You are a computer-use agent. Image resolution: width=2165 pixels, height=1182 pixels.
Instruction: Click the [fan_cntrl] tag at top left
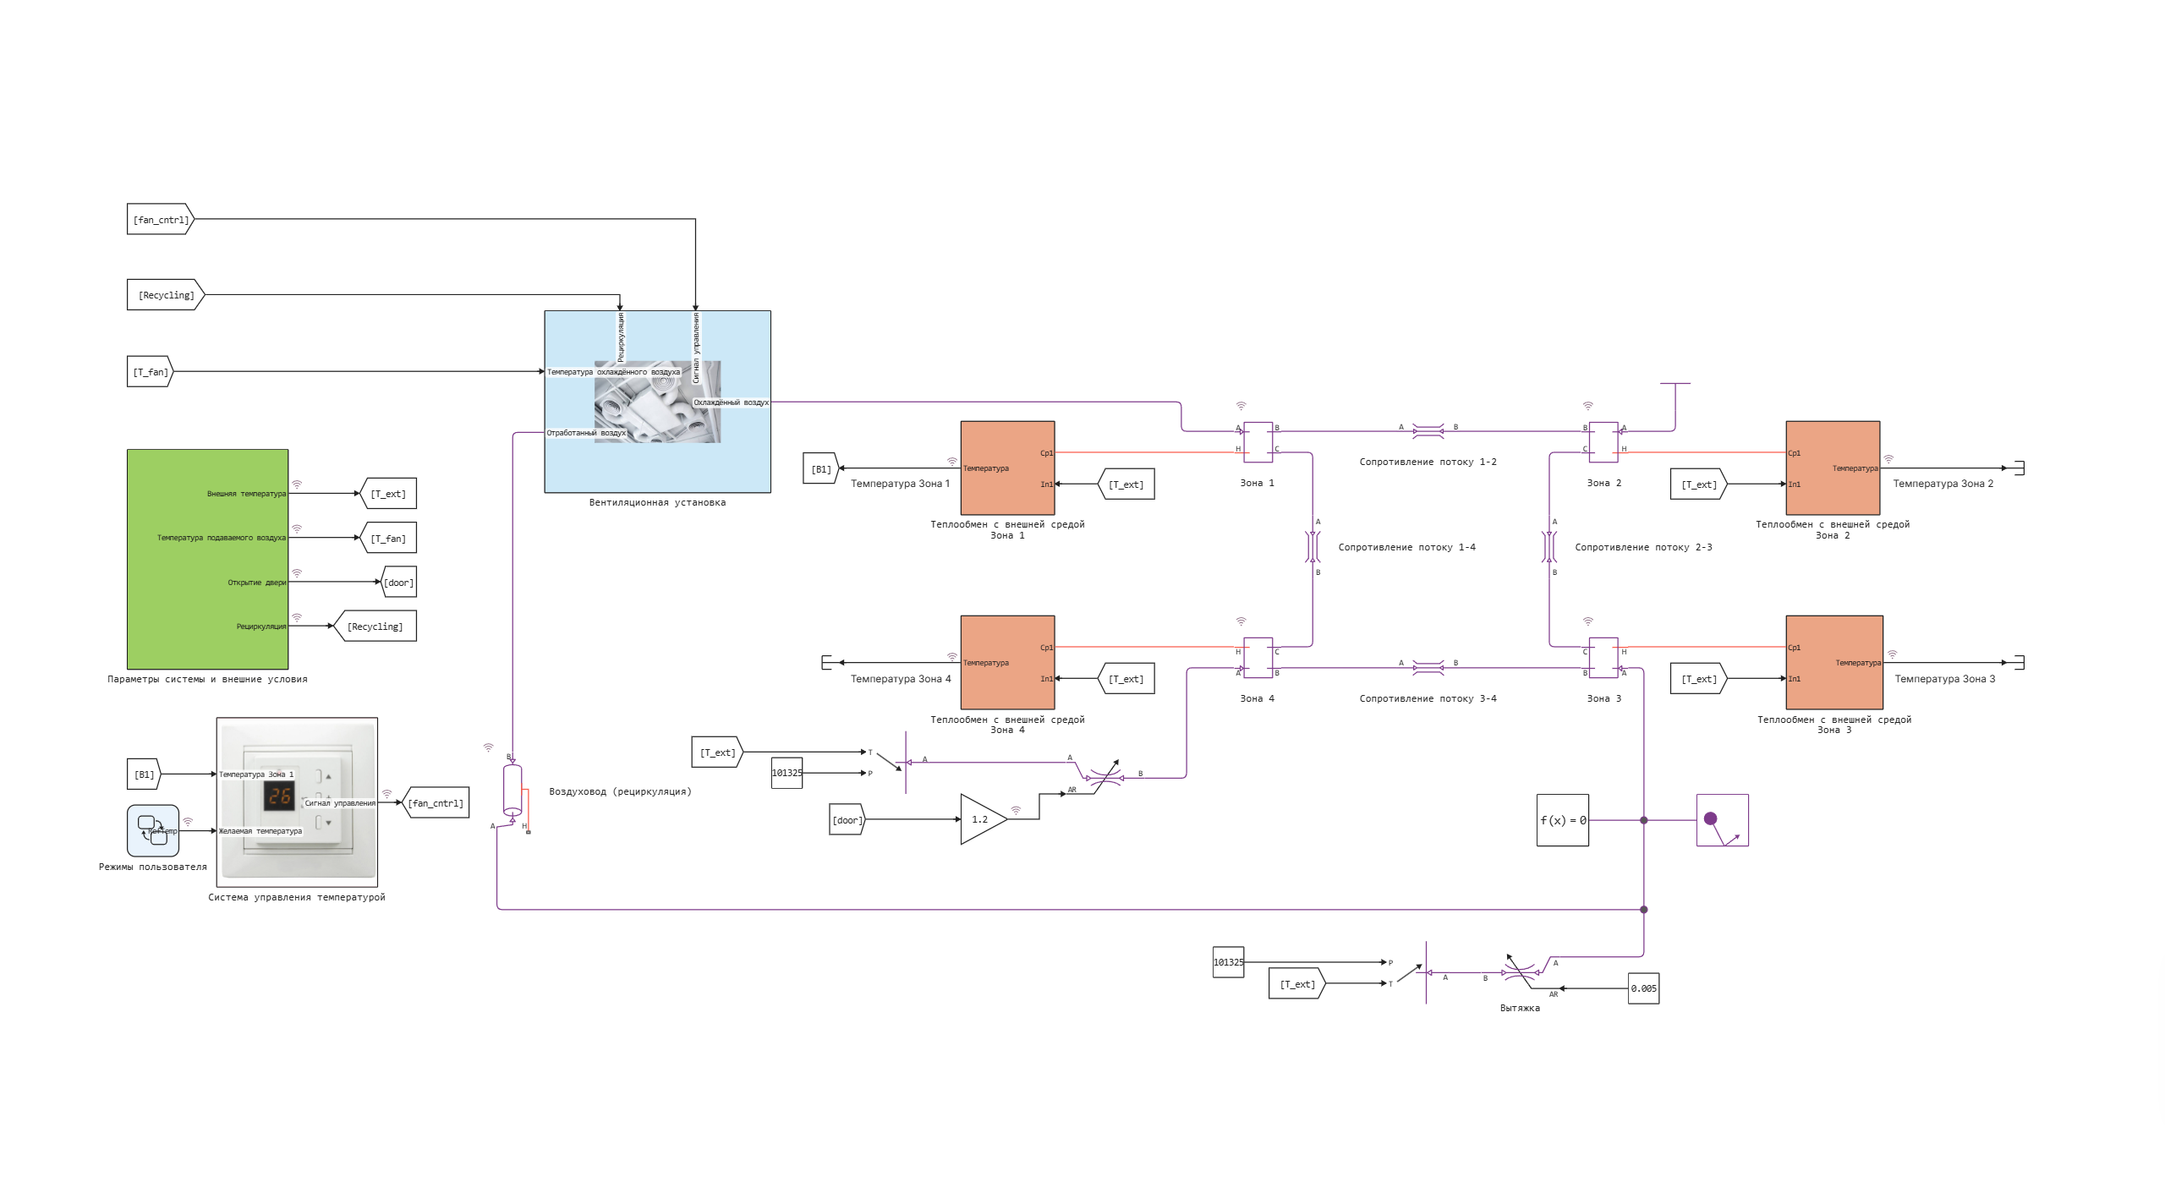tap(160, 220)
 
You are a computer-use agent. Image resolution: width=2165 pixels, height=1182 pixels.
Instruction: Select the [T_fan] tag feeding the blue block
tap(150, 372)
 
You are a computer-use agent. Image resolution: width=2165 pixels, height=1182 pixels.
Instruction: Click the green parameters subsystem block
tap(207, 559)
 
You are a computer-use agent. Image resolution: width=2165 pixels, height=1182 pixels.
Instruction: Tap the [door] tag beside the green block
tap(398, 583)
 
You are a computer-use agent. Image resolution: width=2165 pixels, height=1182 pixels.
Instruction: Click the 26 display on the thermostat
tap(279, 796)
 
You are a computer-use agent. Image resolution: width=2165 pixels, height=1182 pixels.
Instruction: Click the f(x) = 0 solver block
tap(1562, 820)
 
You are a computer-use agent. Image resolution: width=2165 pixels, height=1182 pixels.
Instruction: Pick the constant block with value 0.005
tap(1643, 988)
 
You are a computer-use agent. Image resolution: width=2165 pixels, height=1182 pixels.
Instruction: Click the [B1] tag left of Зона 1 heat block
tap(820, 468)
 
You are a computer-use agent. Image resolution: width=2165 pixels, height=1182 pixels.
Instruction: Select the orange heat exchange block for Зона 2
tap(1832, 468)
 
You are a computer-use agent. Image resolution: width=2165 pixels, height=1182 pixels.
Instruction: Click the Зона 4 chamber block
tap(1258, 658)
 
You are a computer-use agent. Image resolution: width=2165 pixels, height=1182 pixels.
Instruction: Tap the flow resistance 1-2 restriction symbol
tap(1428, 431)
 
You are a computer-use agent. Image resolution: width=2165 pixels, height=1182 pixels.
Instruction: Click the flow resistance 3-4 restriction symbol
tap(1428, 668)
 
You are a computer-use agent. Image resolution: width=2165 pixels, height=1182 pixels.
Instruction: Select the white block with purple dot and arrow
tap(1722, 820)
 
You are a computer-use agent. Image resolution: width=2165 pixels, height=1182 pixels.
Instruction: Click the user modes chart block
tap(153, 830)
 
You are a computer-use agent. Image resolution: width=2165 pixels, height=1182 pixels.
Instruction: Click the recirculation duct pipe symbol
tap(512, 791)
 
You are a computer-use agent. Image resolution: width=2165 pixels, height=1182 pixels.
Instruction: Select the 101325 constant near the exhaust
tap(1228, 962)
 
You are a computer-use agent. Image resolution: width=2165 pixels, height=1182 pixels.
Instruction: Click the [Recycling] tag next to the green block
tap(375, 627)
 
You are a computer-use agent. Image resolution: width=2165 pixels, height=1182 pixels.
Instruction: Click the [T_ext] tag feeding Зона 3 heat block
tap(1698, 679)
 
